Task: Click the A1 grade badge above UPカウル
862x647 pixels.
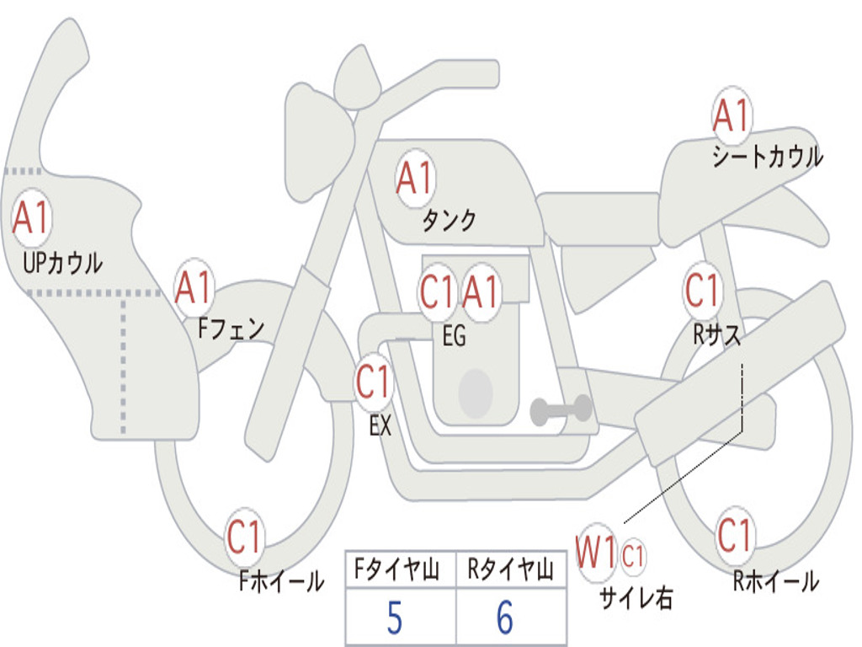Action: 31,217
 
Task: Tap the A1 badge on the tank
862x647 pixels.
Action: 415,178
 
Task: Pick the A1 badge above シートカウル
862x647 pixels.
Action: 732,115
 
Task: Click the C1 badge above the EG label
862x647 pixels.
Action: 438,291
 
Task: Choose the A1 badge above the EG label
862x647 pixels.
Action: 481,291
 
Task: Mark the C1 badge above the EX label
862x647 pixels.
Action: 374,382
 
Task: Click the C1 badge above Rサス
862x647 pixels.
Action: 703,290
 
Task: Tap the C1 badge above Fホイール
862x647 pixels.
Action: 244,537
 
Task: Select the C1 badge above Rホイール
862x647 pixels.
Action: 734,535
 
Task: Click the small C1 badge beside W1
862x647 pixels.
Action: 633,556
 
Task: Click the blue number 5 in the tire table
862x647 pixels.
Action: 395,618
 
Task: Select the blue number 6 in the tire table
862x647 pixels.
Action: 505,618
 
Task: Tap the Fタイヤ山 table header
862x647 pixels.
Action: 397,569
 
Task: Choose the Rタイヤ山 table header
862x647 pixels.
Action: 511,569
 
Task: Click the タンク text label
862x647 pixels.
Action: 450,221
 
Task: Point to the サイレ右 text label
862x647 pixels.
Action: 636,597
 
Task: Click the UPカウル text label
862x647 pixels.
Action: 62,263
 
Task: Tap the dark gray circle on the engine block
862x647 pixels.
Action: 476,393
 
